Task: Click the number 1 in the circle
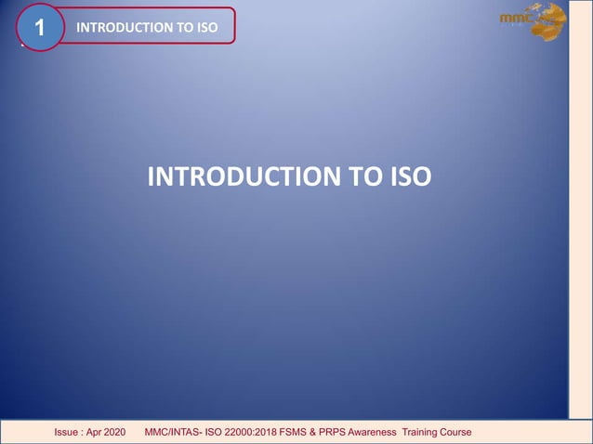39,28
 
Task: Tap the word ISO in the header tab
206,27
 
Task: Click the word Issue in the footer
68,433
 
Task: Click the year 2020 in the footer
125,433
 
